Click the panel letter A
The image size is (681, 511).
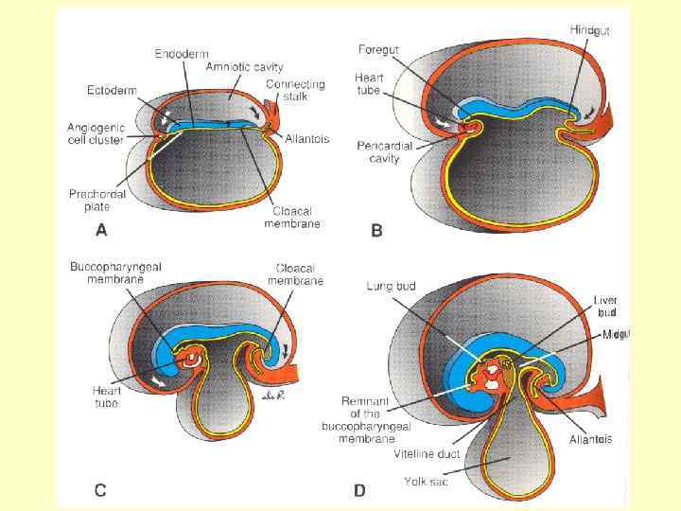(101, 230)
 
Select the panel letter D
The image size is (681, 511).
(359, 489)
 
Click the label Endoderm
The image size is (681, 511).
(182, 55)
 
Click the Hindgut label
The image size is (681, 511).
(589, 31)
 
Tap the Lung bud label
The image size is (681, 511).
(392, 285)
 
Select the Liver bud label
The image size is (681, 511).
(605, 307)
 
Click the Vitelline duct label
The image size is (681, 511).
(426, 454)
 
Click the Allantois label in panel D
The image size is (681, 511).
(590, 439)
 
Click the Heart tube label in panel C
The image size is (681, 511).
(107, 396)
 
